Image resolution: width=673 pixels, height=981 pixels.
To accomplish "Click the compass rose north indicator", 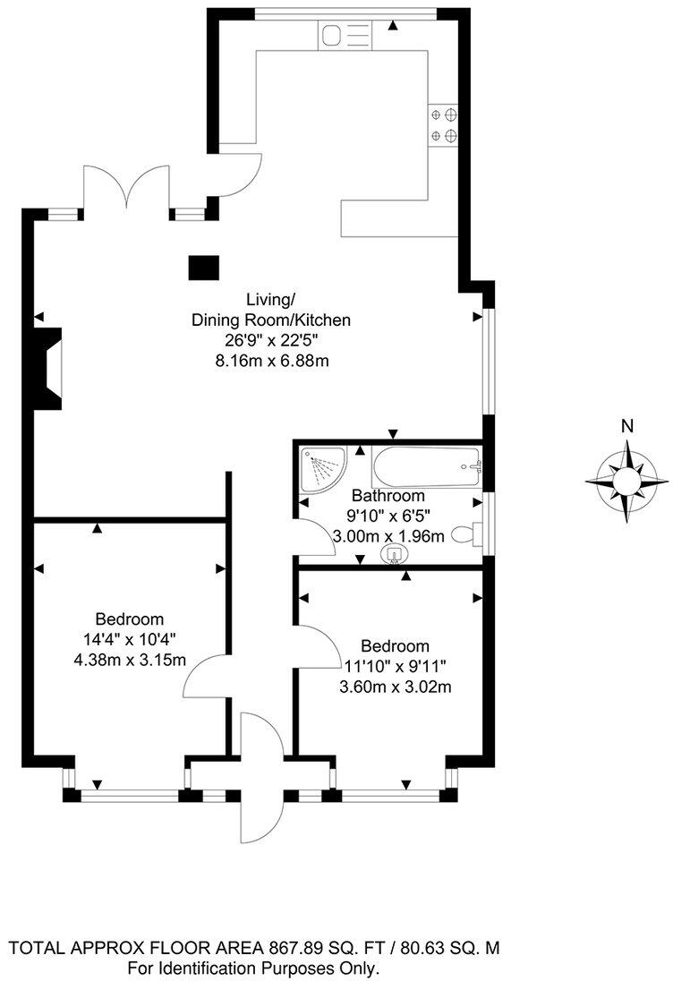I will [626, 482].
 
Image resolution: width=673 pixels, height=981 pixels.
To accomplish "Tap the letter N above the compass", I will [627, 425].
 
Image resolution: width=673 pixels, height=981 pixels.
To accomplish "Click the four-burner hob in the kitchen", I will [445, 125].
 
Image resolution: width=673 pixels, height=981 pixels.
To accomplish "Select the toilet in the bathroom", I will [465, 534].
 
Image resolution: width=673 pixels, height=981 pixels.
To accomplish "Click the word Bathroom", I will [388, 495].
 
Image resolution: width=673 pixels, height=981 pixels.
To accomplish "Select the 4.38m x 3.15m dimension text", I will [130, 661].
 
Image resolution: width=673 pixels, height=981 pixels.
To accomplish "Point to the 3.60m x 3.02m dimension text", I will [395, 687].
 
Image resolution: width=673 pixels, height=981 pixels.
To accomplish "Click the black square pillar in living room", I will [204, 268].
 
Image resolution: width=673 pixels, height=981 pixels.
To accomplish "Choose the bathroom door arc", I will [315, 538].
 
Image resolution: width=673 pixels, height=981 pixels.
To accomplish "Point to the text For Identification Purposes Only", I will [254, 968].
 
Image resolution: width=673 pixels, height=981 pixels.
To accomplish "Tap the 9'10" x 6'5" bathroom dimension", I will [388, 516].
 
